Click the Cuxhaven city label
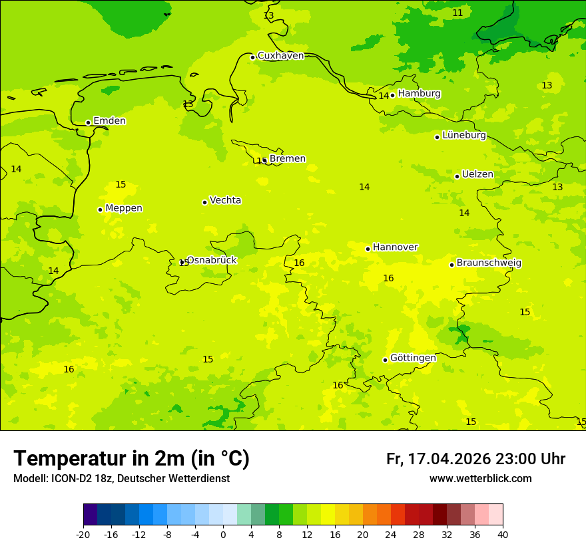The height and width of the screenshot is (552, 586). [280, 56]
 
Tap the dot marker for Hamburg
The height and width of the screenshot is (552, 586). [392, 95]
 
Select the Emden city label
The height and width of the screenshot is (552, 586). [109, 121]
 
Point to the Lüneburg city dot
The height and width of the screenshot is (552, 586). [437, 137]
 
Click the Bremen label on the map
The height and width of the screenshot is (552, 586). [288, 159]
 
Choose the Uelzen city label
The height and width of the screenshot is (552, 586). [477, 175]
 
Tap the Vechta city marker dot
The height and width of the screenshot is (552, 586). [204, 202]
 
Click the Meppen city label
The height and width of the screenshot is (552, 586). [124, 208]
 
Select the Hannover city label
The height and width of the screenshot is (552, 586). [395, 247]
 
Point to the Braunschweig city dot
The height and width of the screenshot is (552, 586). [451, 265]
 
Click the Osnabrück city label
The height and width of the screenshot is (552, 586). [212, 260]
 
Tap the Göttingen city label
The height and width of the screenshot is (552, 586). [413, 358]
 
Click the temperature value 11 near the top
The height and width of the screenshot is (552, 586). [457, 13]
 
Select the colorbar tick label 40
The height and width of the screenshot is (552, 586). [502, 534]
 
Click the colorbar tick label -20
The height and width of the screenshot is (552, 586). [83, 534]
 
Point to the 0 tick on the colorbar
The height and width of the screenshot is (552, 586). [223, 534]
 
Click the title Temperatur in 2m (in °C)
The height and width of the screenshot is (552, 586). [131, 458]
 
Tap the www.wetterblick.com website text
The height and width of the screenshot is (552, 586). [480, 479]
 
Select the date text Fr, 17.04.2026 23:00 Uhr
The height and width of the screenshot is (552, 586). [475, 459]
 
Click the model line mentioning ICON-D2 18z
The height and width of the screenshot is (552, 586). [121, 479]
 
